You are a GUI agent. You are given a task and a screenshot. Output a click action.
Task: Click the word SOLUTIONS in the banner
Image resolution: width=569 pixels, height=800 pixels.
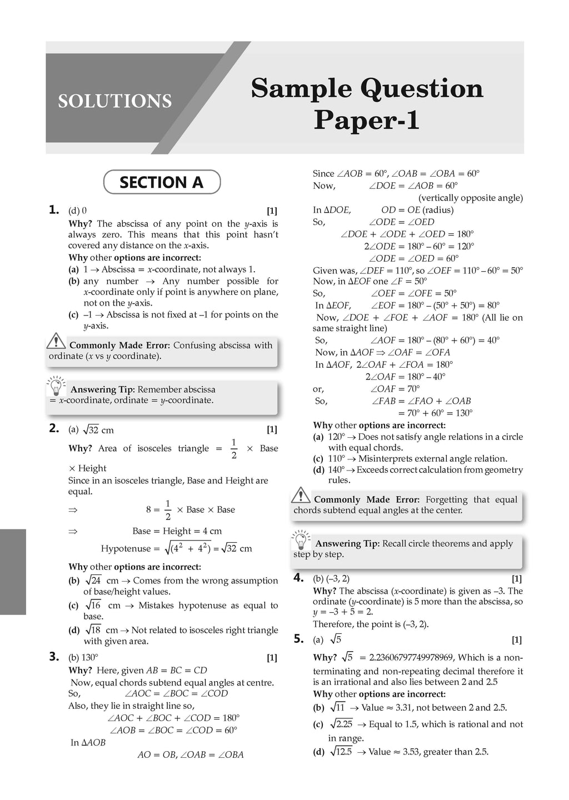pos(115,101)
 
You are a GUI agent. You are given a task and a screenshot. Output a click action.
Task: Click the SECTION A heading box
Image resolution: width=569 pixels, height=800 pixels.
pos(162,182)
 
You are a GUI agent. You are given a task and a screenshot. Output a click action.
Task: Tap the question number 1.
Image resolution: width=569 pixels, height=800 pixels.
pos(54,210)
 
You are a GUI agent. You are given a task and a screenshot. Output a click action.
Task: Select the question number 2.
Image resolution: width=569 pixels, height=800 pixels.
pos(54,428)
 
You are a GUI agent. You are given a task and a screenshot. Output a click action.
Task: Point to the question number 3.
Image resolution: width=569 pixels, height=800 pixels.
pos(54,657)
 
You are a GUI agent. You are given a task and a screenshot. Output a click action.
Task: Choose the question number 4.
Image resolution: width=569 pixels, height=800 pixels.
pos(298,578)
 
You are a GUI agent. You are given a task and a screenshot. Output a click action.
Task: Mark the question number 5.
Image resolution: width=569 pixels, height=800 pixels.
pos(298,639)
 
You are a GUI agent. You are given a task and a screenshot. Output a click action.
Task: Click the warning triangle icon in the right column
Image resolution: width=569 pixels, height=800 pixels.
pos(301,495)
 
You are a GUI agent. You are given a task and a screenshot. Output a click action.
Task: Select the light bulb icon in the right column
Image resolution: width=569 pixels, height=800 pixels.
pos(301,539)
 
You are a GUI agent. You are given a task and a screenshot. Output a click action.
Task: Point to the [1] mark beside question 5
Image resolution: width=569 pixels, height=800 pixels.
pos(516,640)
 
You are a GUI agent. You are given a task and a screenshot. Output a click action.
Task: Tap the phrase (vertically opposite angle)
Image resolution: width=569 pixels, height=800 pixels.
pos(470,198)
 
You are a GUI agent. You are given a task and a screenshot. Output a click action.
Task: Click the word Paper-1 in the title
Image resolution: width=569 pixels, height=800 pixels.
pos(366,121)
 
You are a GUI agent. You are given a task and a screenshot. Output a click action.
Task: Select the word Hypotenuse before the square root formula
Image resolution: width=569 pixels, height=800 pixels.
pos(126,549)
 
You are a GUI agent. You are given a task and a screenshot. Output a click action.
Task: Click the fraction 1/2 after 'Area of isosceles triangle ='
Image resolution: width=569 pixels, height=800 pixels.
pos(233,448)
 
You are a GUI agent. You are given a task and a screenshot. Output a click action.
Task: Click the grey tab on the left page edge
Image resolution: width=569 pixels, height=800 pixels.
pos(13,572)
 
